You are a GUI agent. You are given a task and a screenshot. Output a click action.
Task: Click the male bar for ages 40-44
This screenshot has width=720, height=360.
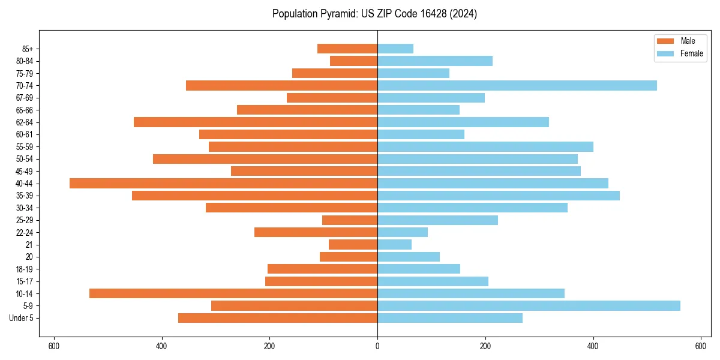(x=223, y=183)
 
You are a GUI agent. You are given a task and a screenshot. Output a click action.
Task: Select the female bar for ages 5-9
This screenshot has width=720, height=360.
(x=529, y=305)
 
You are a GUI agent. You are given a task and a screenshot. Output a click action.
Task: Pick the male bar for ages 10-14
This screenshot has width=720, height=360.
(x=233, y=293)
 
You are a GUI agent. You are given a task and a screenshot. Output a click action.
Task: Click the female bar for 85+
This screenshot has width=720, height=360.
(x=395, y=49)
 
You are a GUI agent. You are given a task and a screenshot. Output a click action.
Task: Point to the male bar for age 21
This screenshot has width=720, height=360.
(x=353, y=244)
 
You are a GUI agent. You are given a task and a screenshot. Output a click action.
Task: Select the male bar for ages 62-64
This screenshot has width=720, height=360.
(x=256, y=122)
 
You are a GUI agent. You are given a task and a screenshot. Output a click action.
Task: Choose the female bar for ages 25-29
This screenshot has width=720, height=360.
(x=437, y=220)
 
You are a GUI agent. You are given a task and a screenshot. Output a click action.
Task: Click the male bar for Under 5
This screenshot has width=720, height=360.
(x=278, y=318)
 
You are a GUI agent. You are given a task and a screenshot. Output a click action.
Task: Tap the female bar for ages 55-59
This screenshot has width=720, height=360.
(x=485, y=146)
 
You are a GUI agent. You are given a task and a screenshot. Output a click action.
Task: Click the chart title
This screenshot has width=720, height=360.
(x=374, y=14)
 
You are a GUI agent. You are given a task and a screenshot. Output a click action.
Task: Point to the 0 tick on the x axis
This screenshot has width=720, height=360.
(x=377, y=346)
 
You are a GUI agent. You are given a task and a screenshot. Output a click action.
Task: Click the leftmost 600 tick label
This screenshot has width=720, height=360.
(x=54, y=346)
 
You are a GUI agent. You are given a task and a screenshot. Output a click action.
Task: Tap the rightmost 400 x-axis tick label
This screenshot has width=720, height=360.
(x=593, y=346)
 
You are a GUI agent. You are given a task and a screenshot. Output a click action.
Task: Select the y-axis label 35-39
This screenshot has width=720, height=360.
(x=25, y=196)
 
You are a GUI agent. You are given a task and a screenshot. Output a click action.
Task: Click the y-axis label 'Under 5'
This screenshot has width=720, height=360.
(x=22, y=318)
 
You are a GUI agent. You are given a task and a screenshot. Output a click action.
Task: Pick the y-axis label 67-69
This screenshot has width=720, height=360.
(x=25, y=98)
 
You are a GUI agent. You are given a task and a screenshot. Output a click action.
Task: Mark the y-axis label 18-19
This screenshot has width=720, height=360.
(x=25, y=269)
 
